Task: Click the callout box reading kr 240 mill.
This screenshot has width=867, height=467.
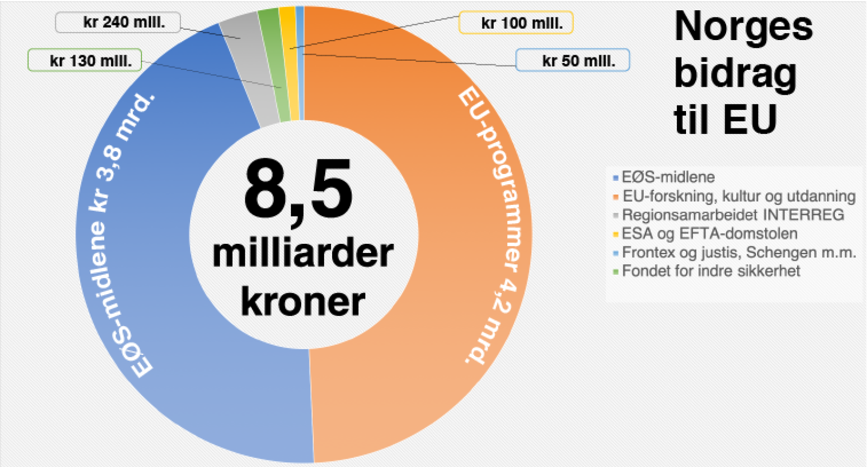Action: click(118, 22)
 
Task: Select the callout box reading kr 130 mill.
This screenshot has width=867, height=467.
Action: click(85, 60)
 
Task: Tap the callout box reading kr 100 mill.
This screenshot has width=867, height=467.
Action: click(516, 23)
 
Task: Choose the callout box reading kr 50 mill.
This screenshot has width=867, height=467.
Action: click(573, 60)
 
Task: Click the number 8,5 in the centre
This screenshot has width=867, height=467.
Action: click(298, 190)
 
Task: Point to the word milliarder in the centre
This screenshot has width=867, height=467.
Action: click(303, 253)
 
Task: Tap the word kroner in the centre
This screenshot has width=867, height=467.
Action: click(303, 301)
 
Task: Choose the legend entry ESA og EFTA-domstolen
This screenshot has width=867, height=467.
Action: click(709, 233)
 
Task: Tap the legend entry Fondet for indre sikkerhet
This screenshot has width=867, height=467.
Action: click(710, 271)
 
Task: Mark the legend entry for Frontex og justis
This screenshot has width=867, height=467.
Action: click(739, 252)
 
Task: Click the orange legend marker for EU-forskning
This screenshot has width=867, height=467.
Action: click(616, 197)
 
